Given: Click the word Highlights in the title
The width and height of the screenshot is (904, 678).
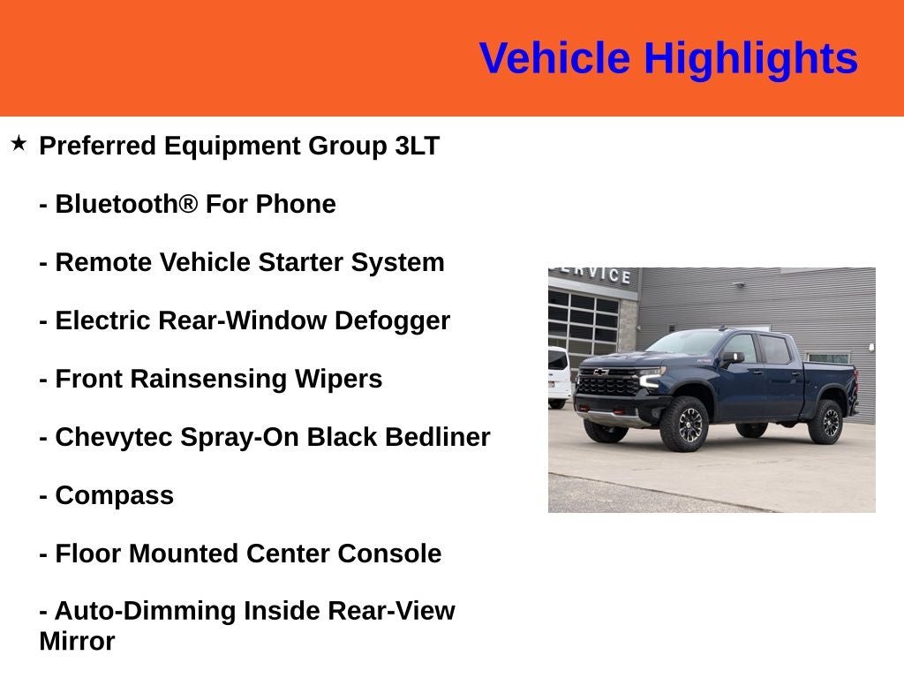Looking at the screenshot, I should point(750,59).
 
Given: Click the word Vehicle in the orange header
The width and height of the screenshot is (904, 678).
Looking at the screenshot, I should point(554,59).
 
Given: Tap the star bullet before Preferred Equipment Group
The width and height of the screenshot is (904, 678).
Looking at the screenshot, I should point(19,143).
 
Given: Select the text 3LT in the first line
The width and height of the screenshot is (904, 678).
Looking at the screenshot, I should point(417,146).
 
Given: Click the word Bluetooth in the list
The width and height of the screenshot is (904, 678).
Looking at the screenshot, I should point(117,204).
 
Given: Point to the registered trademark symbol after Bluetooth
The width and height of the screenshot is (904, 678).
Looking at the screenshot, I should point(188,204).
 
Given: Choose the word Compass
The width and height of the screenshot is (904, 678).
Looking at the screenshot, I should point(114,495).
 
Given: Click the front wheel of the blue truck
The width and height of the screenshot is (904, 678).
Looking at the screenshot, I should point(683,424).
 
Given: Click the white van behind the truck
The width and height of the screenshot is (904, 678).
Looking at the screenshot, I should point(558,375).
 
